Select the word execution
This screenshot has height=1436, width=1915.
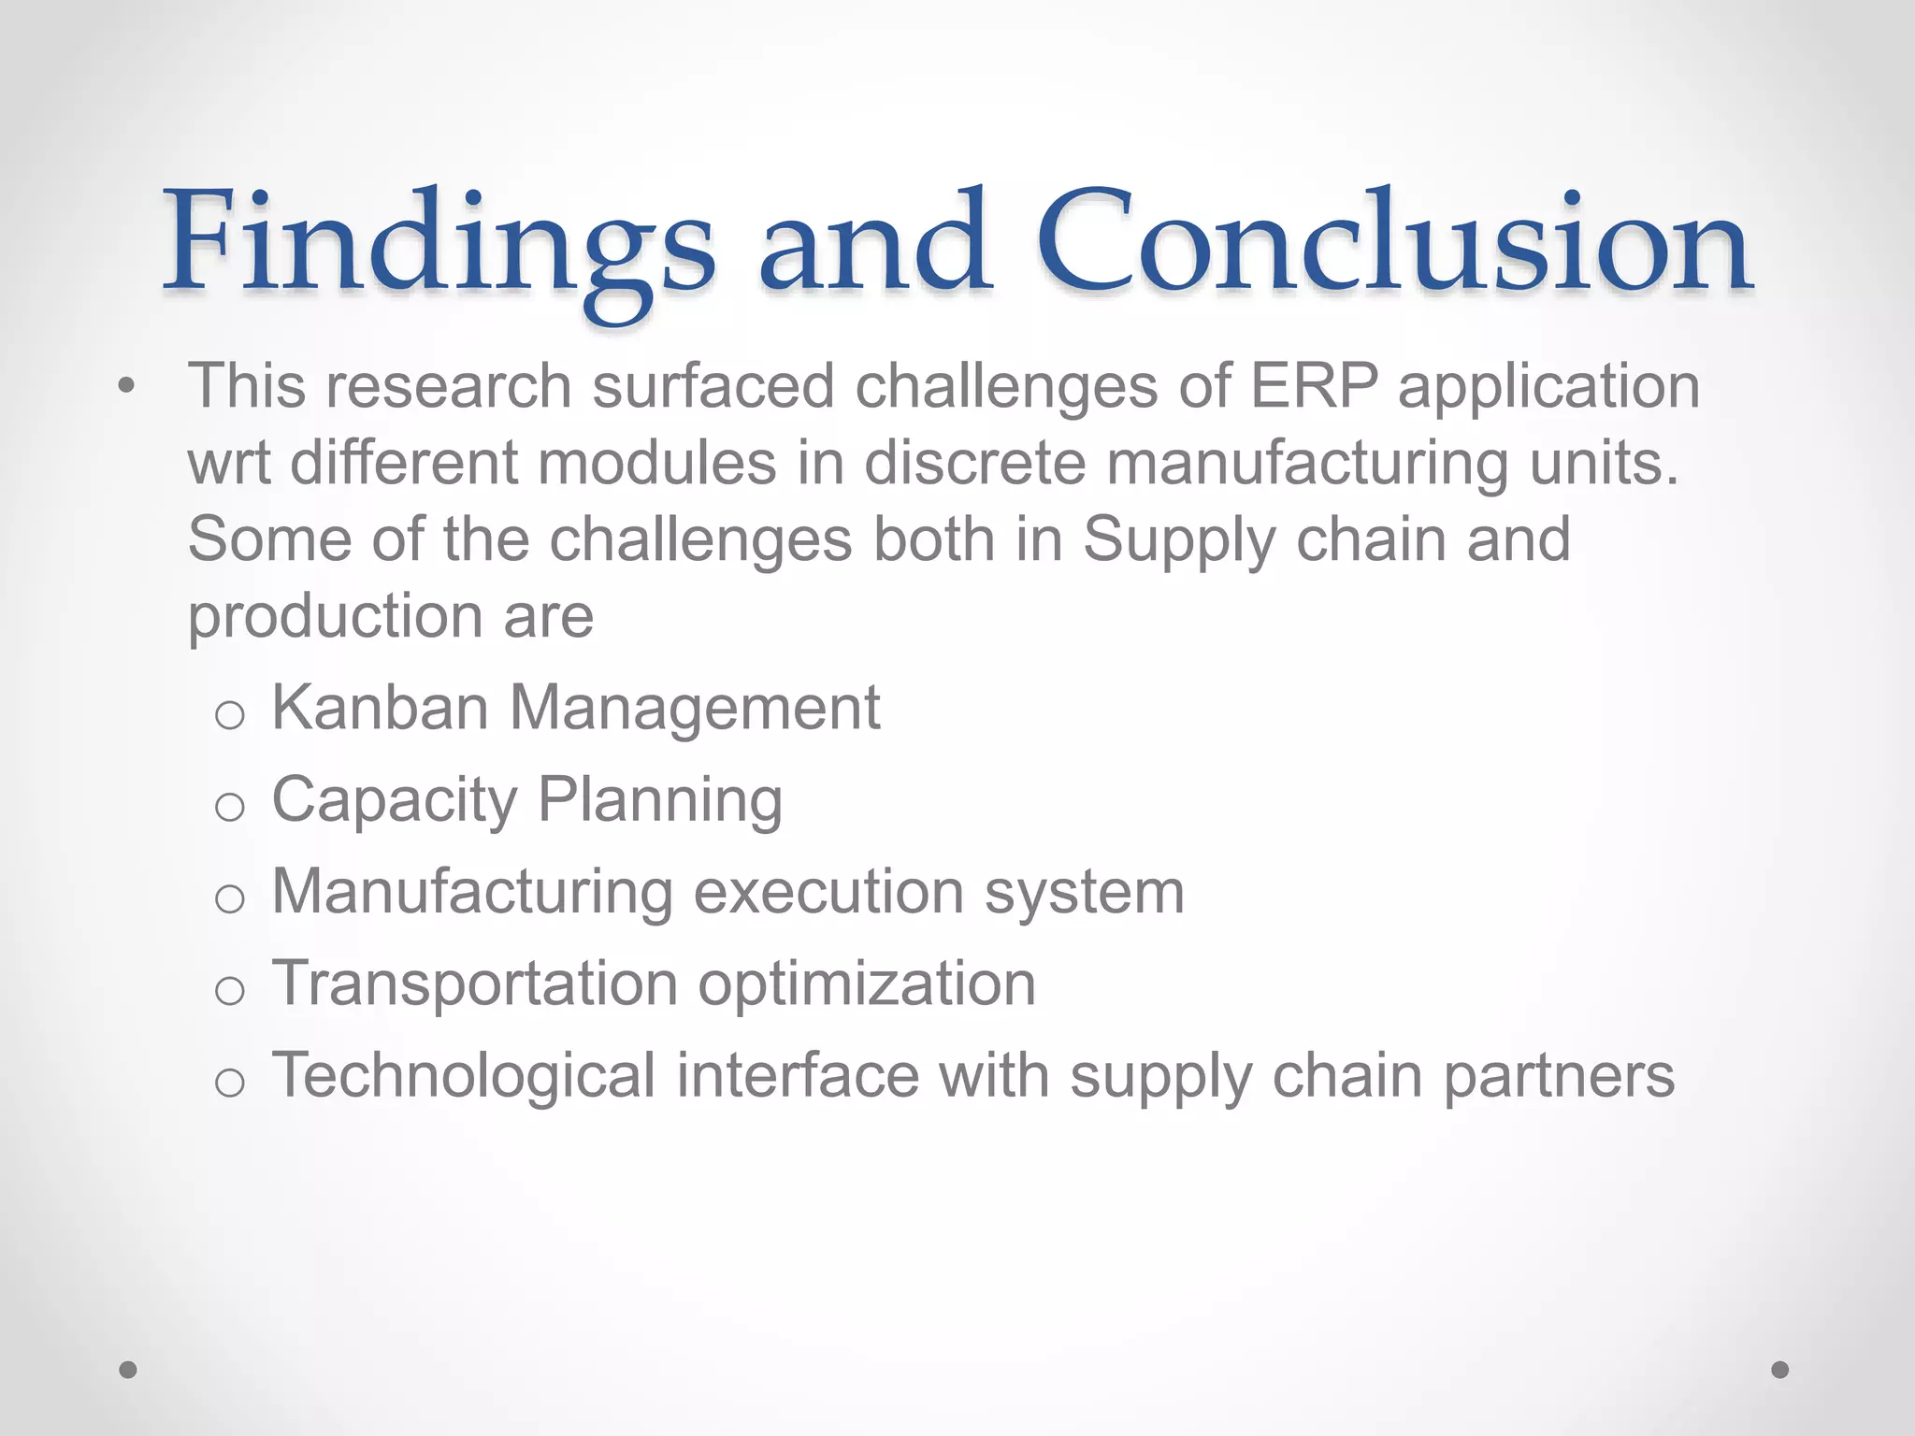pos(828,892)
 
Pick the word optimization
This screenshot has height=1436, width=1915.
pos(867,985)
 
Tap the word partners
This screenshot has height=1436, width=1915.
pos(1559,1077)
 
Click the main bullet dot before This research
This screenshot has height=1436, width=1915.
pos(127,386)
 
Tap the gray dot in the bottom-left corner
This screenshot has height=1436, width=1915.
pos(128,1370)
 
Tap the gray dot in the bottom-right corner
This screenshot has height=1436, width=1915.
pos(1780,1370)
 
